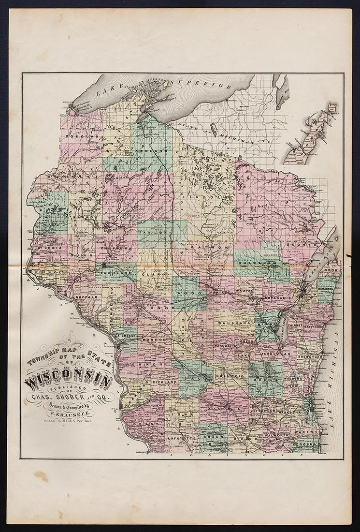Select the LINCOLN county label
point(209,198)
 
